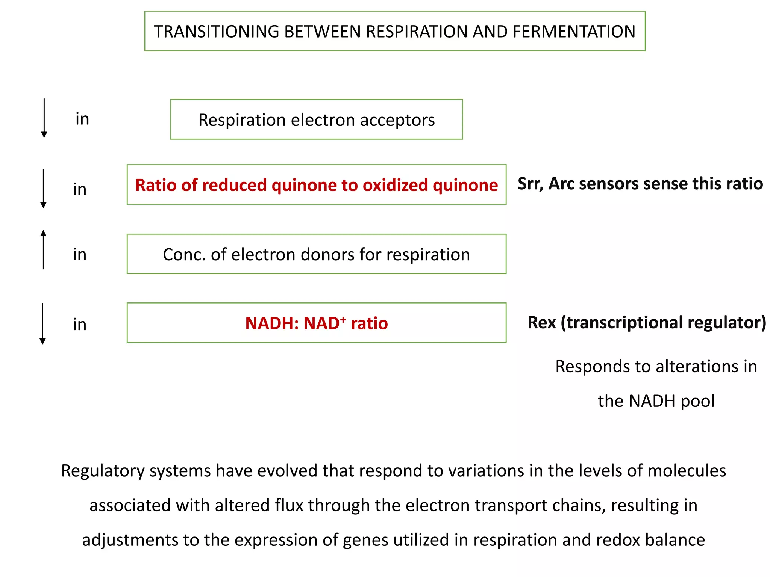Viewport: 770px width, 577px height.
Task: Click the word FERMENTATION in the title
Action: tap(574, 32)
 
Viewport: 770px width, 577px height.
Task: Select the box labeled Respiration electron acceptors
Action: tap(316, 119)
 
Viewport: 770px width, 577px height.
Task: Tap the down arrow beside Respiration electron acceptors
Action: tap(44, 119)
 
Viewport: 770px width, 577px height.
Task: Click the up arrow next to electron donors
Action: tap(44, 249)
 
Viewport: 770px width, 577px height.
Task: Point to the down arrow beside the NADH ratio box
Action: tap(43, 323)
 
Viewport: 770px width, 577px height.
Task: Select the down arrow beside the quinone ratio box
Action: tap(44, 189)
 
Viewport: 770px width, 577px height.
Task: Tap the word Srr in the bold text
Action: tap(529, 184)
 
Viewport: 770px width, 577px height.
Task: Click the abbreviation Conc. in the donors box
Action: tap(184, 255)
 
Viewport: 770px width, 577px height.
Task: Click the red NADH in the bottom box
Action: tap(271, 323)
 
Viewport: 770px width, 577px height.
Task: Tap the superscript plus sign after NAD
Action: tap(343, 319)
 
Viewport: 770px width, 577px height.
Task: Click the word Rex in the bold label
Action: tap(541, 323)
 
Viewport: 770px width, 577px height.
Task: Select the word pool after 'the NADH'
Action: tap(697, 401)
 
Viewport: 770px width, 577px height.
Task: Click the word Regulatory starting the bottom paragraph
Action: tap(103, 471)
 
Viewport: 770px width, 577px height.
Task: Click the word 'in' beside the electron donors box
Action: tap(80, 255)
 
